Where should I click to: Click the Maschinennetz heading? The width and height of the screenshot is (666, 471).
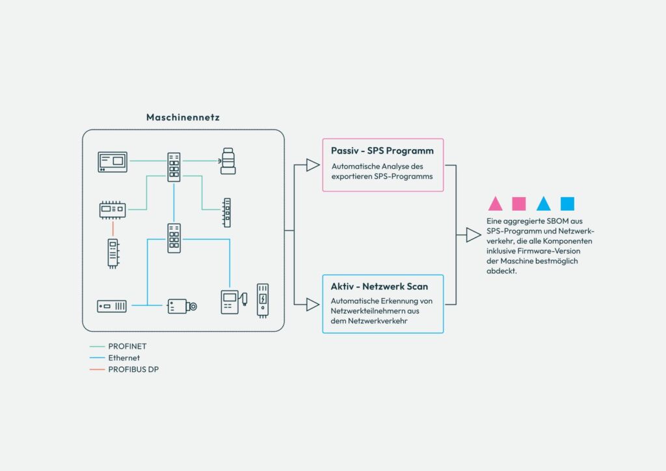click(183, 117)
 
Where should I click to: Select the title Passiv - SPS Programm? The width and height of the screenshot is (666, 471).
click(382, 151)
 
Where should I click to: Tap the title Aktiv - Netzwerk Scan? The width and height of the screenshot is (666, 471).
click(379, 286)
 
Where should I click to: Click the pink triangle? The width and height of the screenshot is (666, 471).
click(495, 204)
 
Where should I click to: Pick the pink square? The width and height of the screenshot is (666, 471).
click(519, 204)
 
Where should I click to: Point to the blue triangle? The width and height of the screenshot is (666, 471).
click(543, 204)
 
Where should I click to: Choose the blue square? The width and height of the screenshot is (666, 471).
click(567, 204)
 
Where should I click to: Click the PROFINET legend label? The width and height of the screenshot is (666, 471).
click(127, 346)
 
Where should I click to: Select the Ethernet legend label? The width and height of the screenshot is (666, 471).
click(124, 358)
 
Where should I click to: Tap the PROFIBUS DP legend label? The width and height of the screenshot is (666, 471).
click(133, 370)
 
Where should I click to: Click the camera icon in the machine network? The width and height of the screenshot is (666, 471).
click(182, 306)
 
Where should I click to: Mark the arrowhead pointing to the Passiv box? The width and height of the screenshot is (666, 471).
click(313, 165)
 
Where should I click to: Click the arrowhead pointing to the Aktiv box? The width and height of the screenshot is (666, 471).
click(313, 304)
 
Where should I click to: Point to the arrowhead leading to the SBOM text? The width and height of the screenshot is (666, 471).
click(473, 235)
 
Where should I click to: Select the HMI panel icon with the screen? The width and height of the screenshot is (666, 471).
click(113, 162)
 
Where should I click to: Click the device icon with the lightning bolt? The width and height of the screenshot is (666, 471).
click(263, 301)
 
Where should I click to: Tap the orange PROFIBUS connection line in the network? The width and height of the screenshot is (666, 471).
click(113, 228)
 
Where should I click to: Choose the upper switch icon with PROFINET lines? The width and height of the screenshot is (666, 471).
click(174, 167)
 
